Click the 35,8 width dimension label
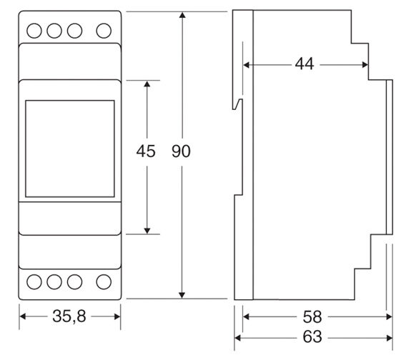point(69,316)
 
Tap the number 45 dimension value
point(146,151)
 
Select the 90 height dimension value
point(181,151)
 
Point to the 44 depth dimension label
point(304,64)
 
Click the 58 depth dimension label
point(312,316)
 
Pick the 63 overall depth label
point(312,336)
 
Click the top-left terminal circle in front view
point(34,31)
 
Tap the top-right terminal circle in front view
point(104,31)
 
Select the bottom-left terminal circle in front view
point(34,282)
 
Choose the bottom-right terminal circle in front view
point(104,282)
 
